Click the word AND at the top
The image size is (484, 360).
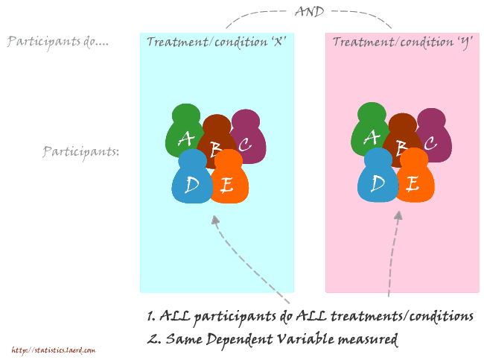click(x=309, y=11)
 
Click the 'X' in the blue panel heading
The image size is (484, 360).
click(x=278, y=41)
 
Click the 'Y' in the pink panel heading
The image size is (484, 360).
click(x=464, y=42)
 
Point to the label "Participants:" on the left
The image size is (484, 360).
click(x=81, y=152)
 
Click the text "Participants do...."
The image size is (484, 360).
click(x=58, y=42)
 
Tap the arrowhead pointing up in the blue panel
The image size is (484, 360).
click(x=215, y=220)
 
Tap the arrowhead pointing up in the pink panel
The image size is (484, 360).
click(x=398, y=215)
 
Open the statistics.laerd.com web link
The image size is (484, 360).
click(x=54, y=350)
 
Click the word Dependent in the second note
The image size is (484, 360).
click(x=240, y=340)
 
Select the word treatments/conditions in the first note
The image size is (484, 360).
click(x=402, y=316)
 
